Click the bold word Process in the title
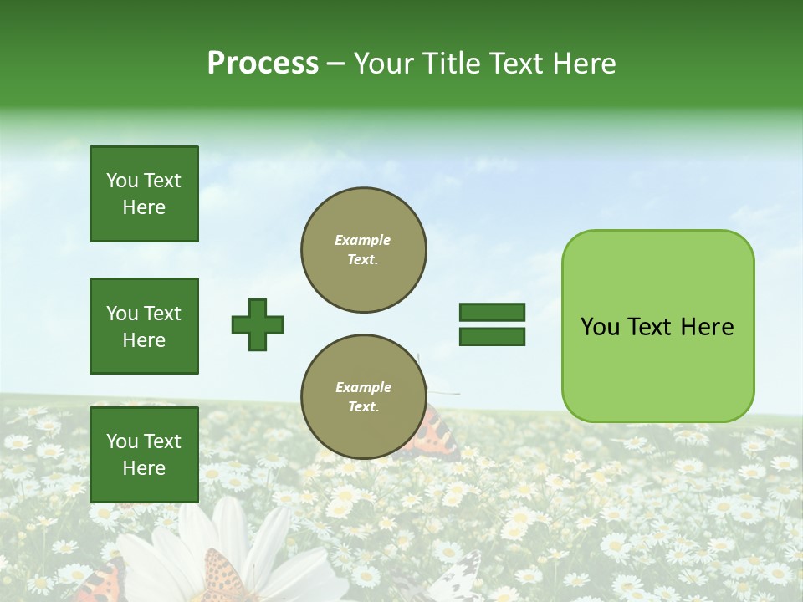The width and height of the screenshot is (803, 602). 263,64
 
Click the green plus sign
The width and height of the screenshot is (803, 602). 258,324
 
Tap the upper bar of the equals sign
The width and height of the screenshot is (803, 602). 492,312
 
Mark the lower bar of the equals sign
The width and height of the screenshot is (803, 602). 492,336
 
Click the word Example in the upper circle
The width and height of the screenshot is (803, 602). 363,240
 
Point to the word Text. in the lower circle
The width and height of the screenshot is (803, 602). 363,407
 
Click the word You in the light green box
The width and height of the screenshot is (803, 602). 600,327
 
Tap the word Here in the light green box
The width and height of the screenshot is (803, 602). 707,327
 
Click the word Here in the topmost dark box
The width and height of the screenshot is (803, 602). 144,207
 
